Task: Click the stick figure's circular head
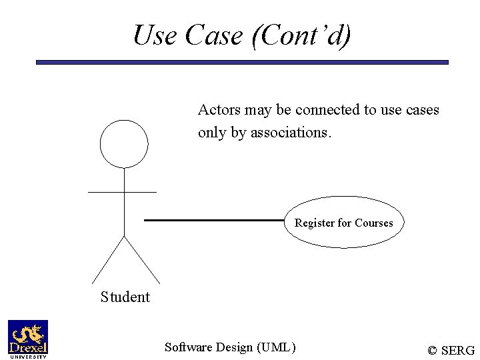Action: tap(124, 144)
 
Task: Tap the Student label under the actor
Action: tap(125, 297)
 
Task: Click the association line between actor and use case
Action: tap(213, 220)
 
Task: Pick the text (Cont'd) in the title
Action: tap(301, 35)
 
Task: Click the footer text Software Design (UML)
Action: tap(230, 347)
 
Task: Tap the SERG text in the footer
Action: tap(458, 351)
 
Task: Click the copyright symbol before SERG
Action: tap(433, 351)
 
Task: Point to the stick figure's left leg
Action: tap(108, 260)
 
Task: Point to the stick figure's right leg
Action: tap(142, 260)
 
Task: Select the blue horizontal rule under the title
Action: tap(242, 63)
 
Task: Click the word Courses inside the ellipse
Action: tap(373, 223)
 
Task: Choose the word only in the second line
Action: tap(212, 133)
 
